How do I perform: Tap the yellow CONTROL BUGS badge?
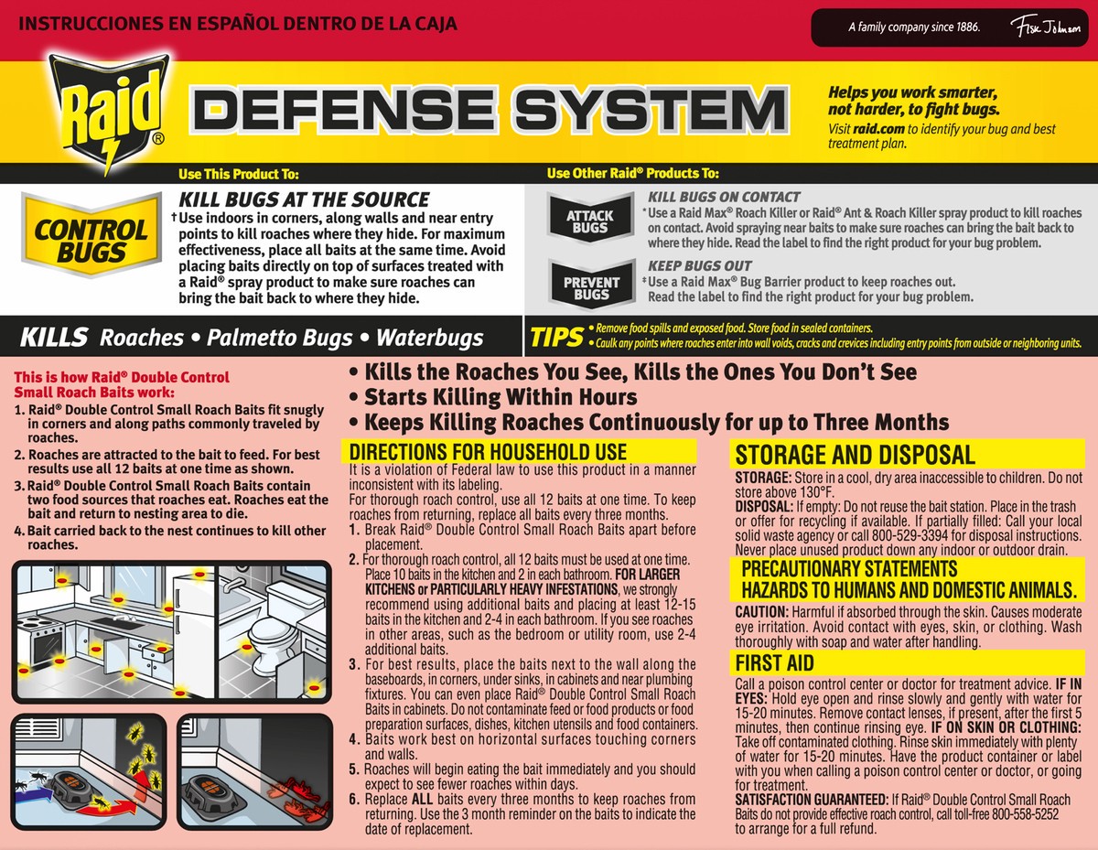tap(91, 235)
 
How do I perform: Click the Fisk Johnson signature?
tap(1048, 27)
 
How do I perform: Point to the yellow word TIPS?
tap(557, 337)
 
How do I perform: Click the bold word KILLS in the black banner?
tap(54, 337)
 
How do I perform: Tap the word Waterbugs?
tap(429, 338)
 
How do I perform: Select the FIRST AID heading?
tap(775, 663)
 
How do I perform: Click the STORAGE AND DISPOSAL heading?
tap(855, 455)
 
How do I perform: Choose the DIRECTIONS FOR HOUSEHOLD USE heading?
tap(488, 451)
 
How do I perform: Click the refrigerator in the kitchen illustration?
tap(195, 626)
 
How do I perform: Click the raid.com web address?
tap(878, 129)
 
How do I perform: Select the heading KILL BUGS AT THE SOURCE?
tap(304, 200)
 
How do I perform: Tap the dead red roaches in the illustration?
tap(298, 797)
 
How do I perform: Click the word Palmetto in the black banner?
tap(279, 338)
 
